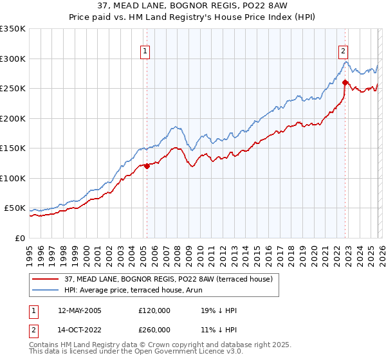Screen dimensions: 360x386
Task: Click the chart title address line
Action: [192, 7]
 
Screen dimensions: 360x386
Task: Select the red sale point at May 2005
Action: [147, 166]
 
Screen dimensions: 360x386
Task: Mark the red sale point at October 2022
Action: [345, 82]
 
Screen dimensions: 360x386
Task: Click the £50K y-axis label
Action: [15, 208]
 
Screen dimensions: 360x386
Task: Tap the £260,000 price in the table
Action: [155, 328]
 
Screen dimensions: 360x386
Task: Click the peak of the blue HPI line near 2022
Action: [345, 62]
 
